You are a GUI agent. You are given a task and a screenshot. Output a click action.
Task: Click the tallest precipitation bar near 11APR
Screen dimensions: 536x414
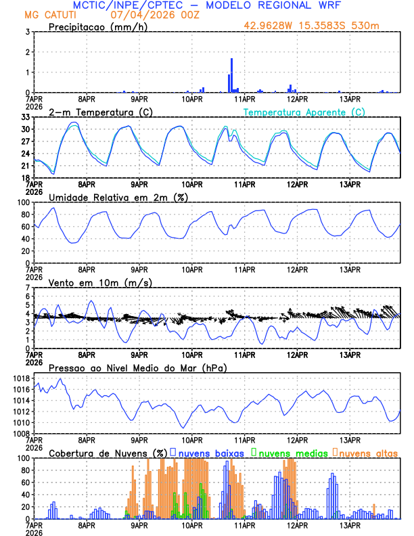click(x=232, y=75)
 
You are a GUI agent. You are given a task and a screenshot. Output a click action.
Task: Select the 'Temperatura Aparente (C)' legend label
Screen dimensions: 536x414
click(x=304, y=112)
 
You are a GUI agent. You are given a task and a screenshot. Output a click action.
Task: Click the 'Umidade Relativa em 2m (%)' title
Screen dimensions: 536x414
click(x=118, y=197)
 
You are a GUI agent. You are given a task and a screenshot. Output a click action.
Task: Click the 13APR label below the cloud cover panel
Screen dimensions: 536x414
click(x=349, y=524)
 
